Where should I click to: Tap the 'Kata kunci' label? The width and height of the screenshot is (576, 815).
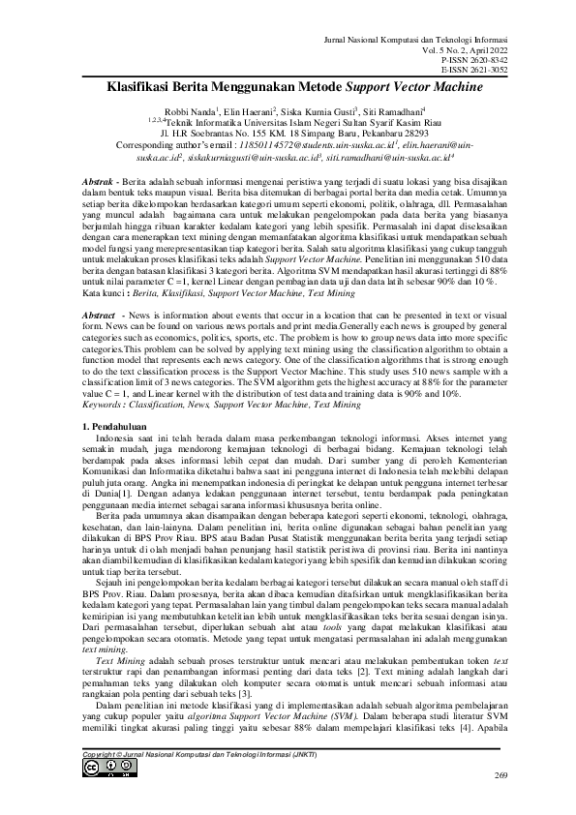pos(100,263)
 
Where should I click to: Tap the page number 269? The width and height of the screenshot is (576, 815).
pos(500,776)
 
